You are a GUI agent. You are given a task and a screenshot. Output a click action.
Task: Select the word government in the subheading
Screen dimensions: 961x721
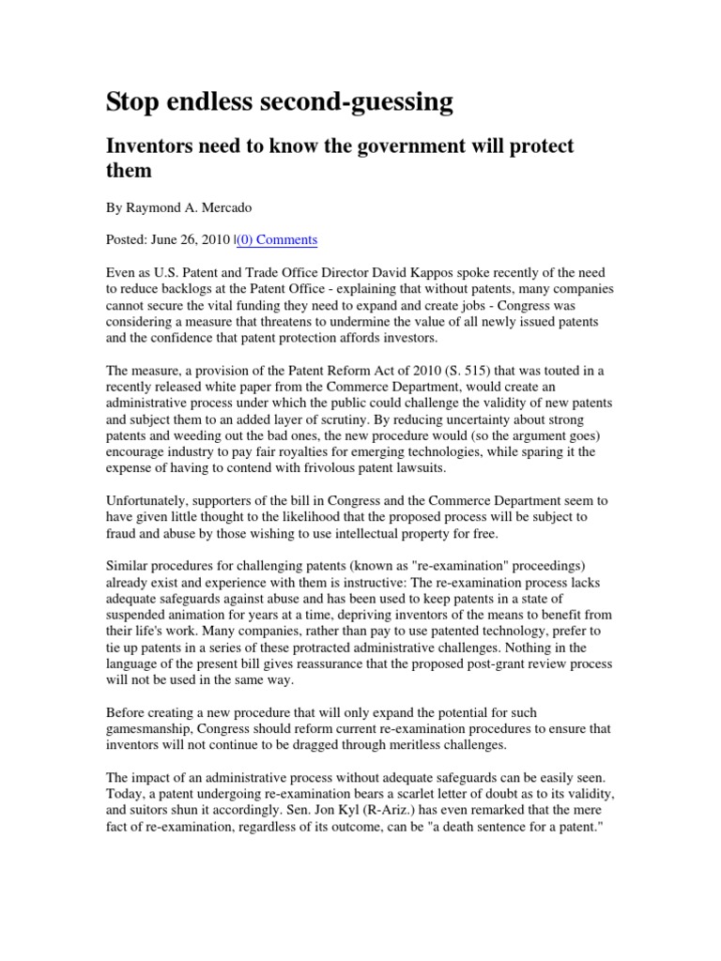pyautogui.click(x=416, y=147)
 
